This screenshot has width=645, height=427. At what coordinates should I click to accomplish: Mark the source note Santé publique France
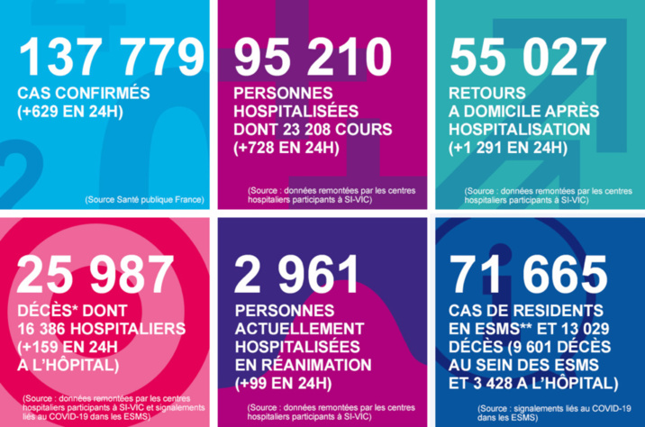[x=144, y=198]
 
